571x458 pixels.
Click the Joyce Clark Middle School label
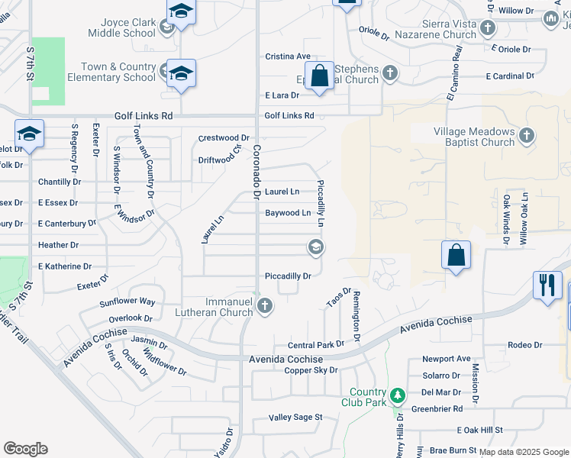tap(122, 28)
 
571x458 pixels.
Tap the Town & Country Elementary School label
tap(111, 72)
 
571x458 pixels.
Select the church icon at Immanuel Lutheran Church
tap(265, 307)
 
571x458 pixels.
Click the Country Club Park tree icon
tap(397, 395)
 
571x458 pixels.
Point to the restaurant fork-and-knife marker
tap(547, 285)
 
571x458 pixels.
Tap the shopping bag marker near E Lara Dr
tap(320, 76)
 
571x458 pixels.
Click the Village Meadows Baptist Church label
tap(474, 137)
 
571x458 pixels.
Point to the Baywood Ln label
tap(288, 213)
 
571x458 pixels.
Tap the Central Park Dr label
tap(316, 345)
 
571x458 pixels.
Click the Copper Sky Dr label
tap(311, 371)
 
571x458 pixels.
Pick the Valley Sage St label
tap(296, 418)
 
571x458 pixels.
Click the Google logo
tap(25, 449)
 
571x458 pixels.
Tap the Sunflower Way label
tap(127, 302)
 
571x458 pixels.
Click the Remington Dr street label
tap(356, 315)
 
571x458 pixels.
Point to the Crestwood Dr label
tap(224, 138)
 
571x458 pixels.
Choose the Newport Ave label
tap(447, 359)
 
